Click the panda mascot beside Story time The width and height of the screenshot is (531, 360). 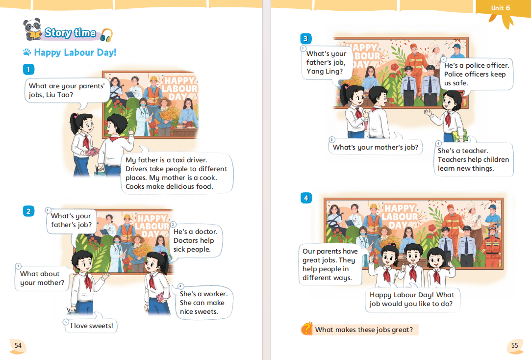[32, 29]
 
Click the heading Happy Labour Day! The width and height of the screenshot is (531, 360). [75, 52]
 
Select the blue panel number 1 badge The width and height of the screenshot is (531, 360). [28, 70]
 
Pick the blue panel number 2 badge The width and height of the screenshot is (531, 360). [28, 211]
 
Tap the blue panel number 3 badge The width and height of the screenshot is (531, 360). [306, 39]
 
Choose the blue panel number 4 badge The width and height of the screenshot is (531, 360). [306, 198]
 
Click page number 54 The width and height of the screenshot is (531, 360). [18, 345]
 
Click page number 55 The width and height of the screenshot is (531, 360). [515, 345]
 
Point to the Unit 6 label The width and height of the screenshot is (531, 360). [501, 8]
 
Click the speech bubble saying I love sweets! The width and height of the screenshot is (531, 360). [91, 326]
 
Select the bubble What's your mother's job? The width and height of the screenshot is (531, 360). [375, 147]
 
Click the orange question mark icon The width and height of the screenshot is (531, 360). [307, 329]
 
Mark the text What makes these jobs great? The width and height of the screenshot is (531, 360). [364, 330]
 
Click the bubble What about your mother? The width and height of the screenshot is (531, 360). [42, 278]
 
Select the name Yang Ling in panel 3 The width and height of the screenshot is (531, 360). [325, 72]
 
